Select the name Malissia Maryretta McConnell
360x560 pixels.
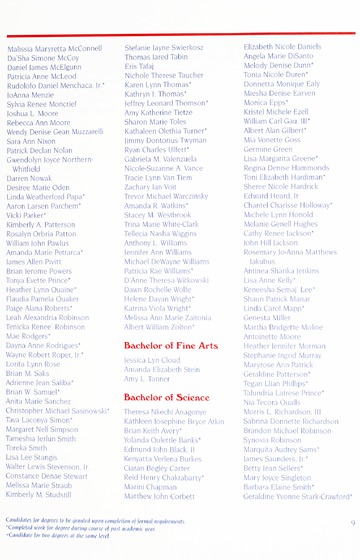click(62, 48)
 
